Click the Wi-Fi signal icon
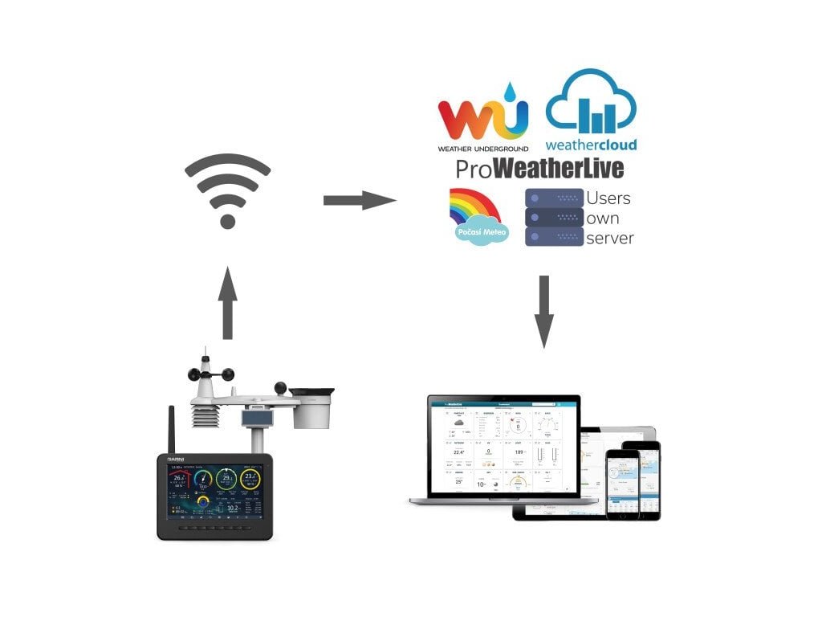pos(227,191)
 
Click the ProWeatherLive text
pos(539,169)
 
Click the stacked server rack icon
pos(554,217)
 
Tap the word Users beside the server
pos(608,198)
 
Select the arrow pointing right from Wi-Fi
pos(359,200)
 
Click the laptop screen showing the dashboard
pos(503,446)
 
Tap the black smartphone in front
pos(622,482)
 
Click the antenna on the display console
pos(170,430)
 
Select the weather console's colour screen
pos(215,491)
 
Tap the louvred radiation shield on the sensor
pos(205,418)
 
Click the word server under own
pos(610,238)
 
